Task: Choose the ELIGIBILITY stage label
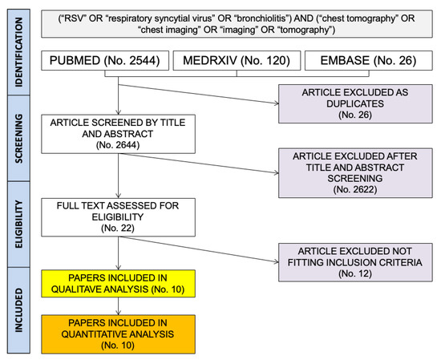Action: pos(19,213)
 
